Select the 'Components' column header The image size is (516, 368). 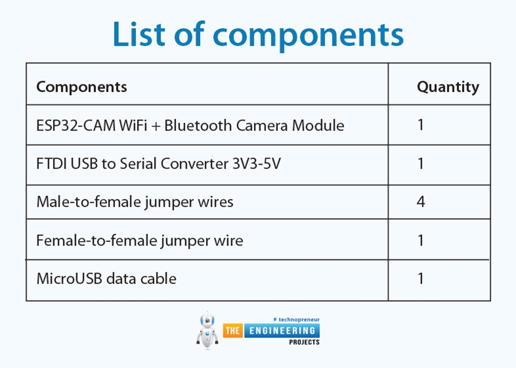coord(82,87)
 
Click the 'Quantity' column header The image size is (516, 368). coord(447,87)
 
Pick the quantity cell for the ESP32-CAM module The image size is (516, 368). coord(421,125)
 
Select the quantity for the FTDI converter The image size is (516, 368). coord(421,164)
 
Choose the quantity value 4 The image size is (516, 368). coord(421,202)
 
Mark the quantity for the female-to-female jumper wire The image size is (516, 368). coord(421,240)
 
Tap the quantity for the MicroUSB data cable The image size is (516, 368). coord(421,278)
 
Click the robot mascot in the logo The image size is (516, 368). coord(207,330)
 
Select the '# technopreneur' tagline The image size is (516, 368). coord(296,320)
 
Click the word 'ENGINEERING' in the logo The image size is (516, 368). coord(282,331)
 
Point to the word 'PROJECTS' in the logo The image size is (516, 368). coord(304,342)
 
